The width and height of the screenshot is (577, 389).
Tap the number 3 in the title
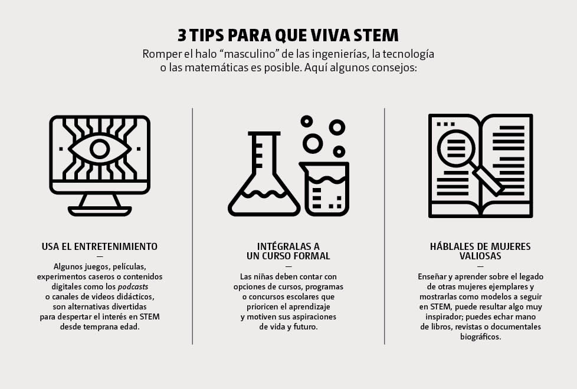[x=182, y=35]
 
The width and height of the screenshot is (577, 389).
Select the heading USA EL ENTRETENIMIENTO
[x=99, y=246]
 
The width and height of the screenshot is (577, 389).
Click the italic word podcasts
[x=133, y=287]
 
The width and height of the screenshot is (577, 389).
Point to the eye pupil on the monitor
[x=100, y=149]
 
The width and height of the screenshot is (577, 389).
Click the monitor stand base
[x=100, y=211]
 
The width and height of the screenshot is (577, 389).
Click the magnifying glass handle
[x=488, y=180]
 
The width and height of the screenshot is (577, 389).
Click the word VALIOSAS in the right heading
[x=480, y=256]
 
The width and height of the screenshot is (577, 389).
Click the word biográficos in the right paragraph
[x=481, y=337]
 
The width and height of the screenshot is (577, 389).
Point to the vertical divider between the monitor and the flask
[x=192, y=226]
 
